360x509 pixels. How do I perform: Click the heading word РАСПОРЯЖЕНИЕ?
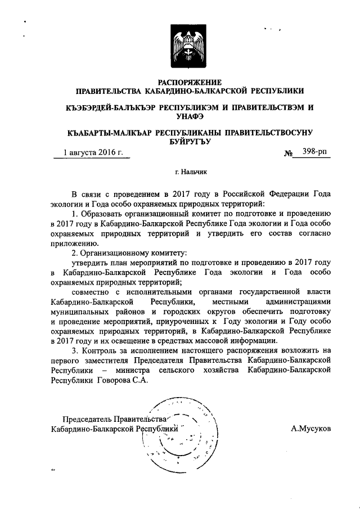click(190, 82)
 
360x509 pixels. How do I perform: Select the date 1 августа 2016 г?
click(93, 152)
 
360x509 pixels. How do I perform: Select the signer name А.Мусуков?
click(310, 428)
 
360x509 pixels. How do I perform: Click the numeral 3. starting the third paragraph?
click(77, 351)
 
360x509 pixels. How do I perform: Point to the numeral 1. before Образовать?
click(77, 214)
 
